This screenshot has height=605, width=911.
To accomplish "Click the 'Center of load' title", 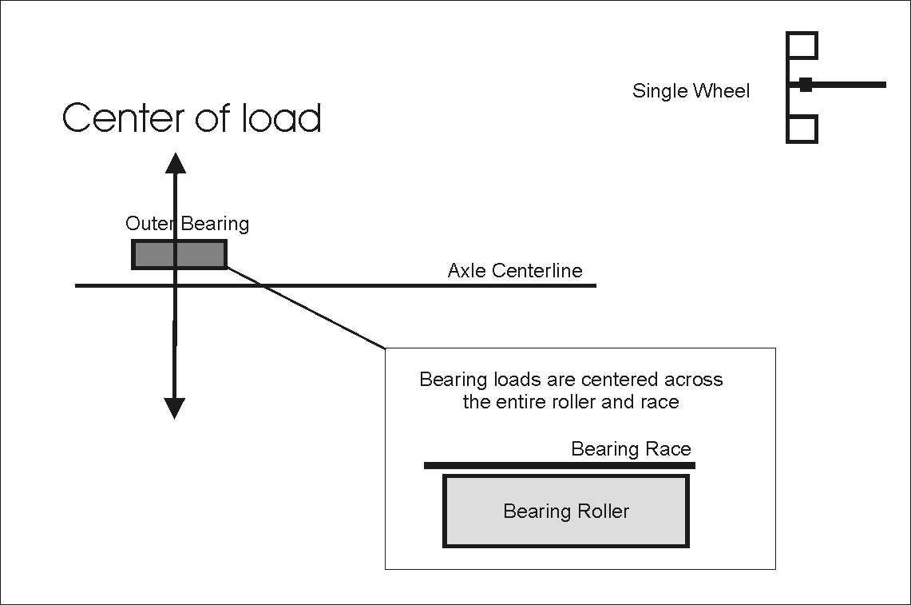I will (192, 118).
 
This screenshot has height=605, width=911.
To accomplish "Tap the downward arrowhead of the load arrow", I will (174, 408).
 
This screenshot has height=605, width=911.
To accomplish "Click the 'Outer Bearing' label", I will (187, 224).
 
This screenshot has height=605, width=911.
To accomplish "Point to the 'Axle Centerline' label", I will (515, 270).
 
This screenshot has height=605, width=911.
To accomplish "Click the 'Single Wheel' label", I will (691, 91).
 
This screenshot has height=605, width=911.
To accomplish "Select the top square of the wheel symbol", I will (802, 46).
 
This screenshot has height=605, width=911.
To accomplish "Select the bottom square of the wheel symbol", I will (802, 129).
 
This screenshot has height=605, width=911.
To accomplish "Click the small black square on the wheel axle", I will (806, 85).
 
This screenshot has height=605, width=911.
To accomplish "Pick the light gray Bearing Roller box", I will (565, 527).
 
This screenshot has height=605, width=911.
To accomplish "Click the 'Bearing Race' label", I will (631, 449).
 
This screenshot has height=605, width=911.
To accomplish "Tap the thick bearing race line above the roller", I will (559, 465).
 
